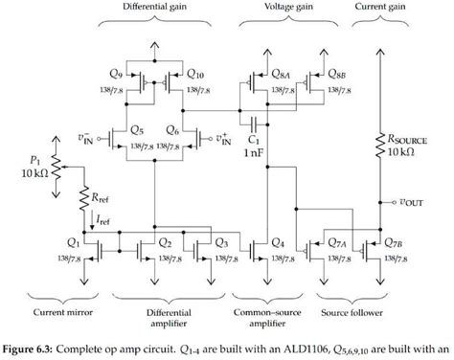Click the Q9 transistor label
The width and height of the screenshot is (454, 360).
(116, 73)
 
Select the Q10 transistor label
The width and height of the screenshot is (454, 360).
(196, 73)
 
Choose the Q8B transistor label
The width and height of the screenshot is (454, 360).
(337, 73)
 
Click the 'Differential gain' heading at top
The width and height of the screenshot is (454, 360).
(154, 8)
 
